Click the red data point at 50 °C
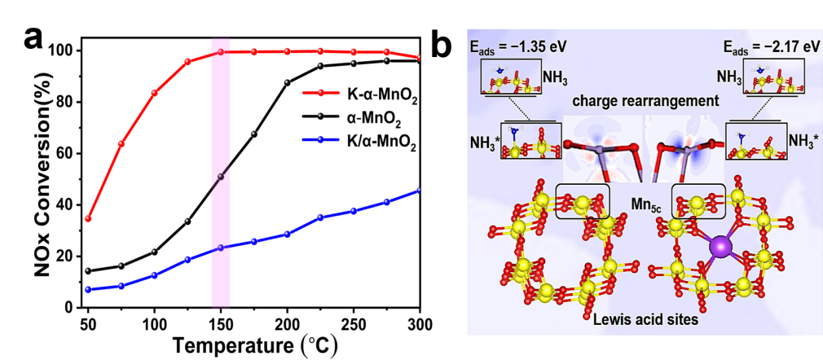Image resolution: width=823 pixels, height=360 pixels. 88,218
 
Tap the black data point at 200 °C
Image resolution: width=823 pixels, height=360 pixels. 287,82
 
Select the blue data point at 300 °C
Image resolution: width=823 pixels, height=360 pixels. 420,191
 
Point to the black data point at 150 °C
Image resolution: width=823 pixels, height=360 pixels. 221,176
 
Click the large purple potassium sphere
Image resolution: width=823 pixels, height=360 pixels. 721,246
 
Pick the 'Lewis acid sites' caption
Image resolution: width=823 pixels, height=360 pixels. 644,320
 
